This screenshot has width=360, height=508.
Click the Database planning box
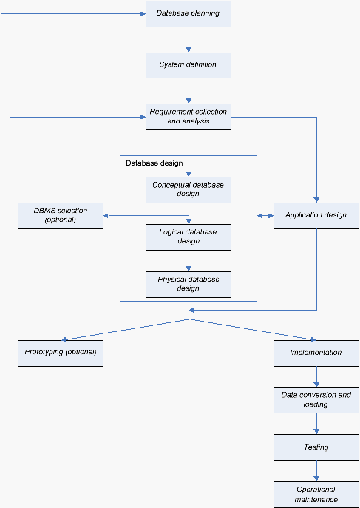(x=189, y=14)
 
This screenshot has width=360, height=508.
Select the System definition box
(x=189, y=66)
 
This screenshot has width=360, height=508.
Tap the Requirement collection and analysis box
(x=189, y=117)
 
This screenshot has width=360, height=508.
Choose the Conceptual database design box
(x=189, y=190)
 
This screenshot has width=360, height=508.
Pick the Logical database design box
(x=189, y=237)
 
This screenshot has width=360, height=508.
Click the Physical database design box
(x=189, y=285)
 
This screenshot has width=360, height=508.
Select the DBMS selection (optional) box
(x=61, y=216)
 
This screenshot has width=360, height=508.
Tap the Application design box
(x=316, y=216)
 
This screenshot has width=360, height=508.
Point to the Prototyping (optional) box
(x=61, y=353)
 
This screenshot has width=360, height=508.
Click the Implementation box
(x=316, y=353)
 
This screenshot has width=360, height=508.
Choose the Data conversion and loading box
(x=316, y=400)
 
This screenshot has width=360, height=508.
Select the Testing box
(x=316, y=447)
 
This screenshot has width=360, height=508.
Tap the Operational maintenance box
(x=316, y=495)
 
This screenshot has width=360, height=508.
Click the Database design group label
(x=154, y=163)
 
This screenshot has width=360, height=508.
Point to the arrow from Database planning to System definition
(x=189, y=40)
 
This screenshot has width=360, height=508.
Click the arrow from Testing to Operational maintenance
(x=316, y=471)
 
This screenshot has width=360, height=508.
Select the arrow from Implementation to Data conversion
(x=316, y=377)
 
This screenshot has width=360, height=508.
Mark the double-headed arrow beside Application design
(x=265, y=216)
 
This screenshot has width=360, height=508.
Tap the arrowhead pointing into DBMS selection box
(x=106, y=216)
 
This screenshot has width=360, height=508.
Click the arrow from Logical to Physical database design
(x=189, y=261)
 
